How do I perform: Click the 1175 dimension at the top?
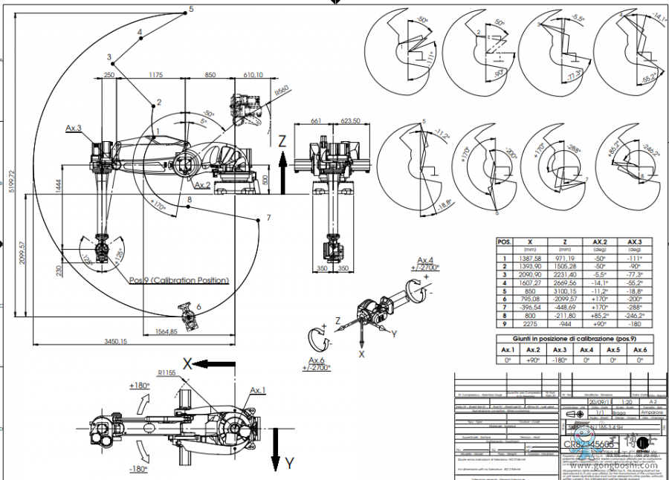coord(156,75)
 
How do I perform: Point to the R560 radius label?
coord(280,91)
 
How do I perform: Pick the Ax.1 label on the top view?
coord(258,389)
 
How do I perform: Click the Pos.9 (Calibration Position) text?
coord(178,280)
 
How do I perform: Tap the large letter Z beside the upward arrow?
coord(282,140)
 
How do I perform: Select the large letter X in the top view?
coord(187,363)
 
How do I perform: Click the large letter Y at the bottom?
coord(291,464)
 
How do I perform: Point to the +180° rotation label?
coord(140,386)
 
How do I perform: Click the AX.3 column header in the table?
coord(634,242)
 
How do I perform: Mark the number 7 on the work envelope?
coord(268,218)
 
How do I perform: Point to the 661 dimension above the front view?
coord(315,121)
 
